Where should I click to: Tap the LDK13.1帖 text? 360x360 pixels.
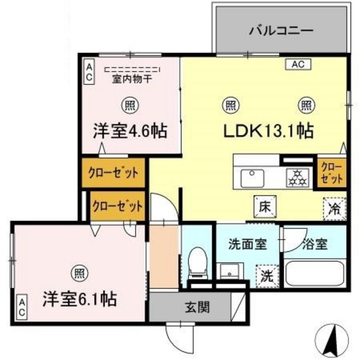coord(268,131)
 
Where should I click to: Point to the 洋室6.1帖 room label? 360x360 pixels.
coord(80,299)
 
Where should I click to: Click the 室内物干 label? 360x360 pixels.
coord(132,79)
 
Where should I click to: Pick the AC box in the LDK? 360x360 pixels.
coord(296,64)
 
